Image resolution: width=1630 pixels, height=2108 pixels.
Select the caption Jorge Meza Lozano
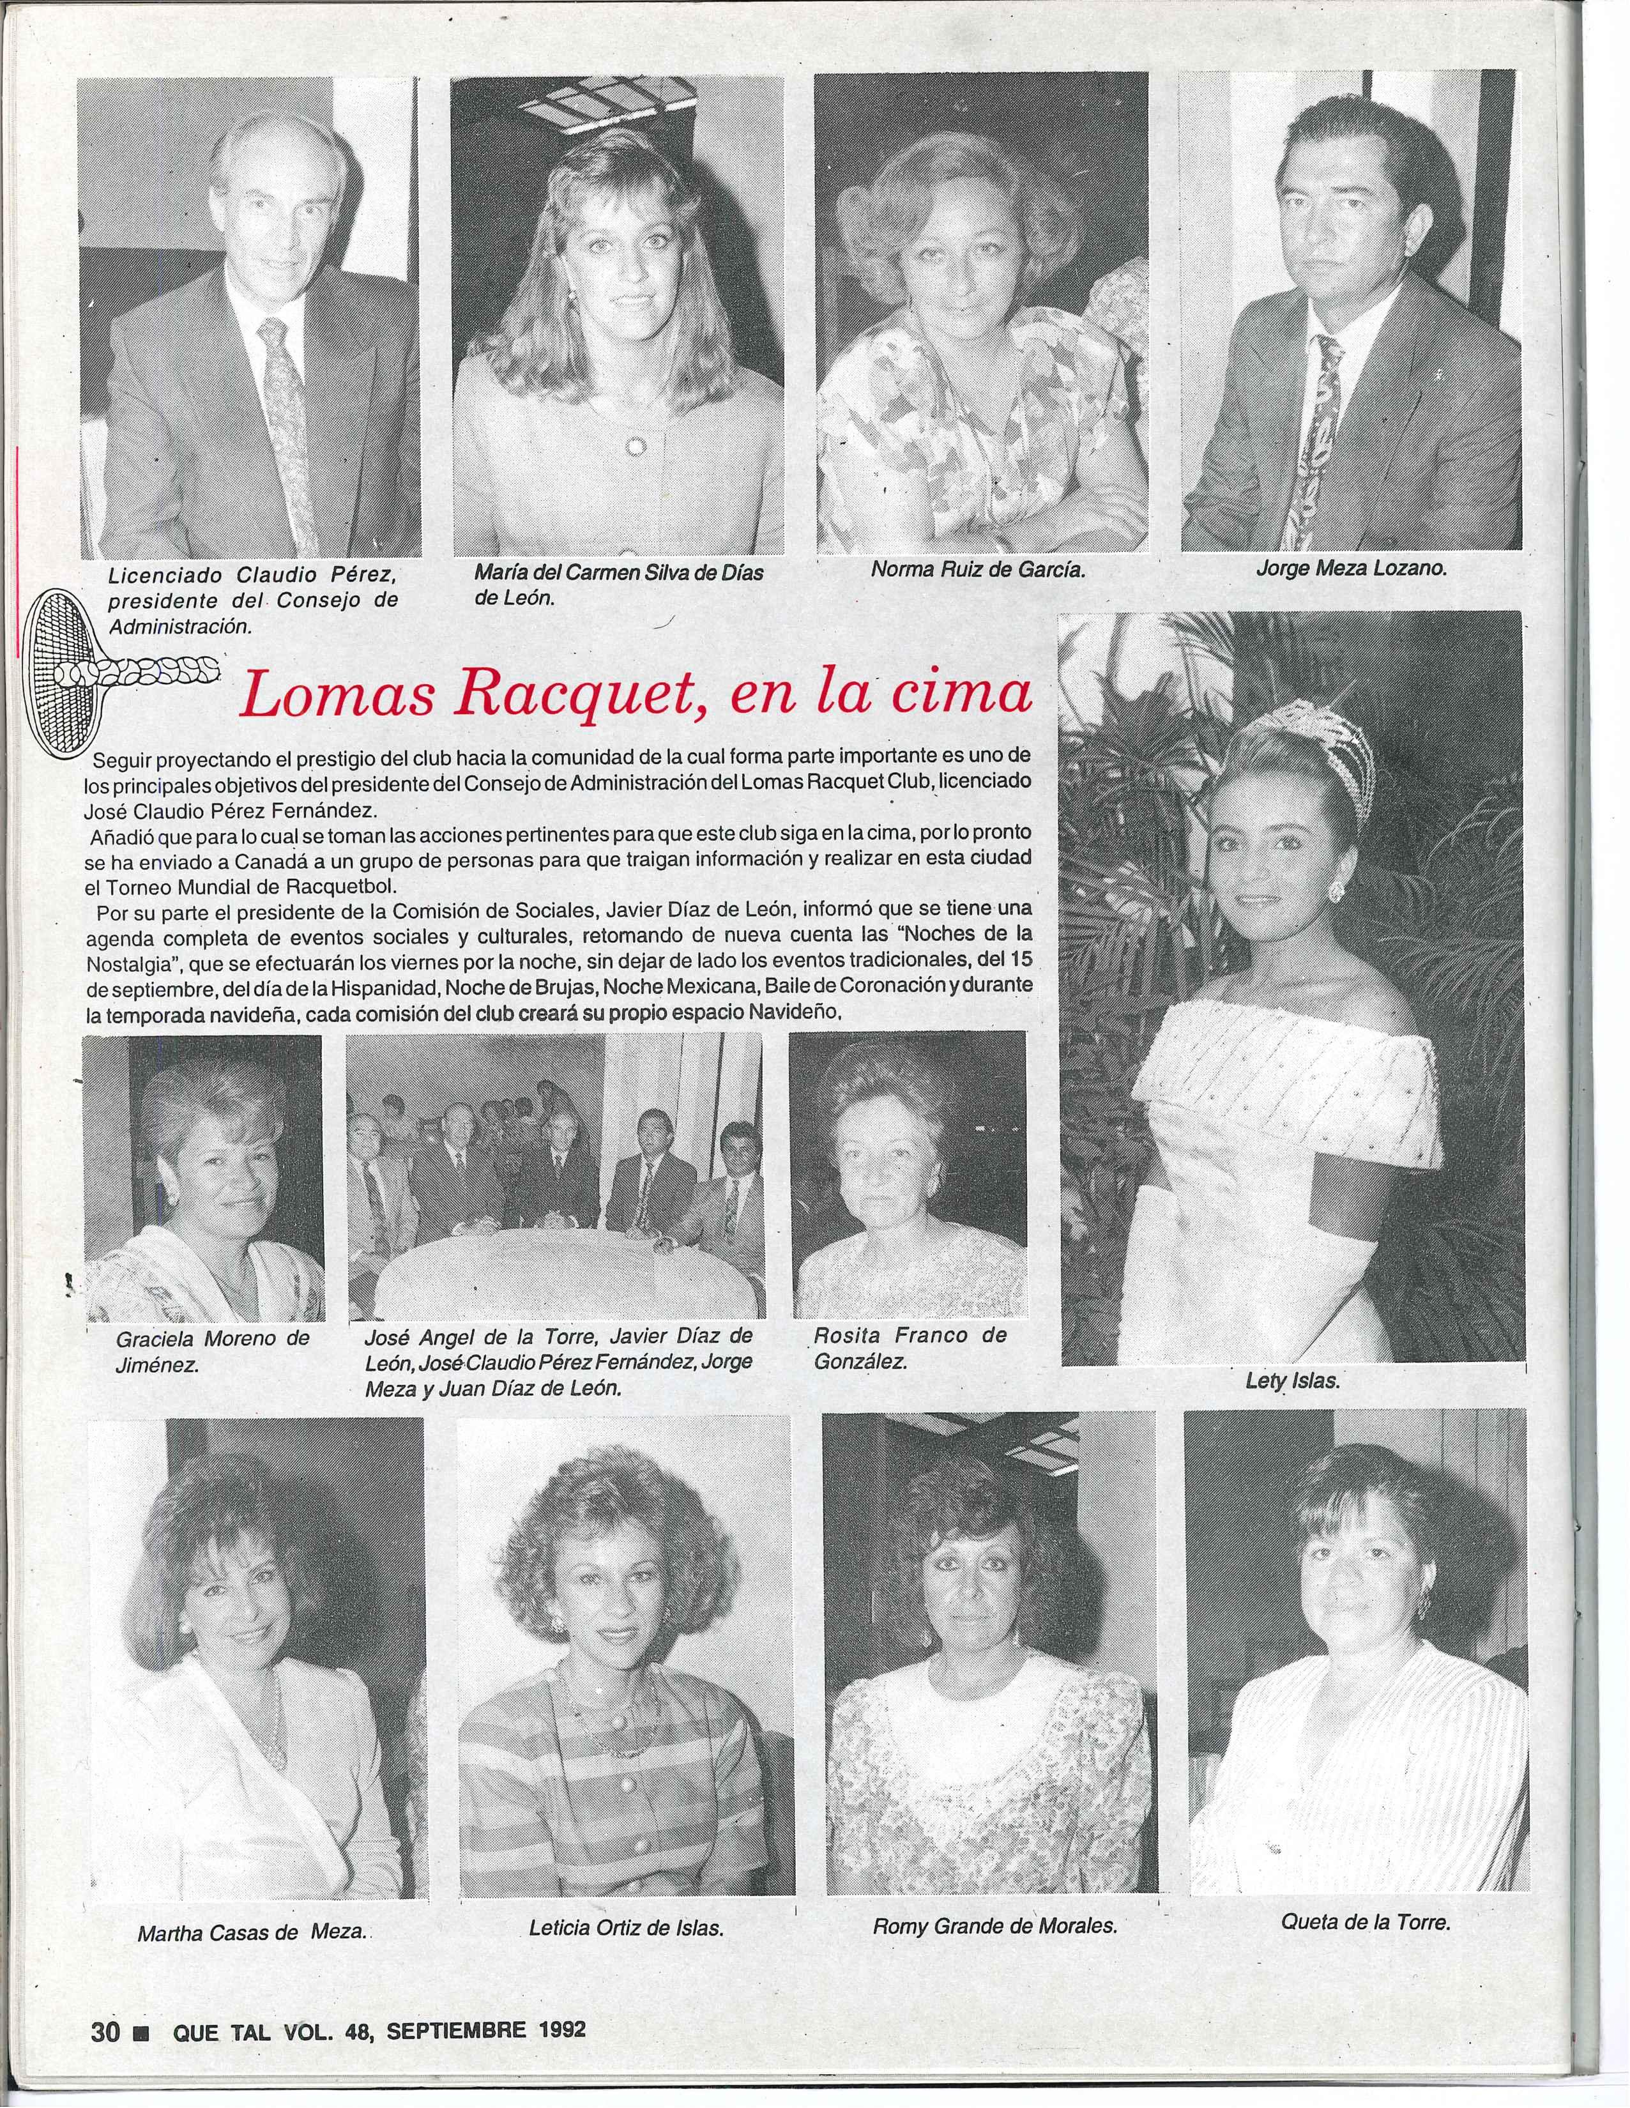1351,569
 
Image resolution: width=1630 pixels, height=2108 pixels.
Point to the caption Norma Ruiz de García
978,569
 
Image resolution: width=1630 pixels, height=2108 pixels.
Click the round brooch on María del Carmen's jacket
635,445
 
